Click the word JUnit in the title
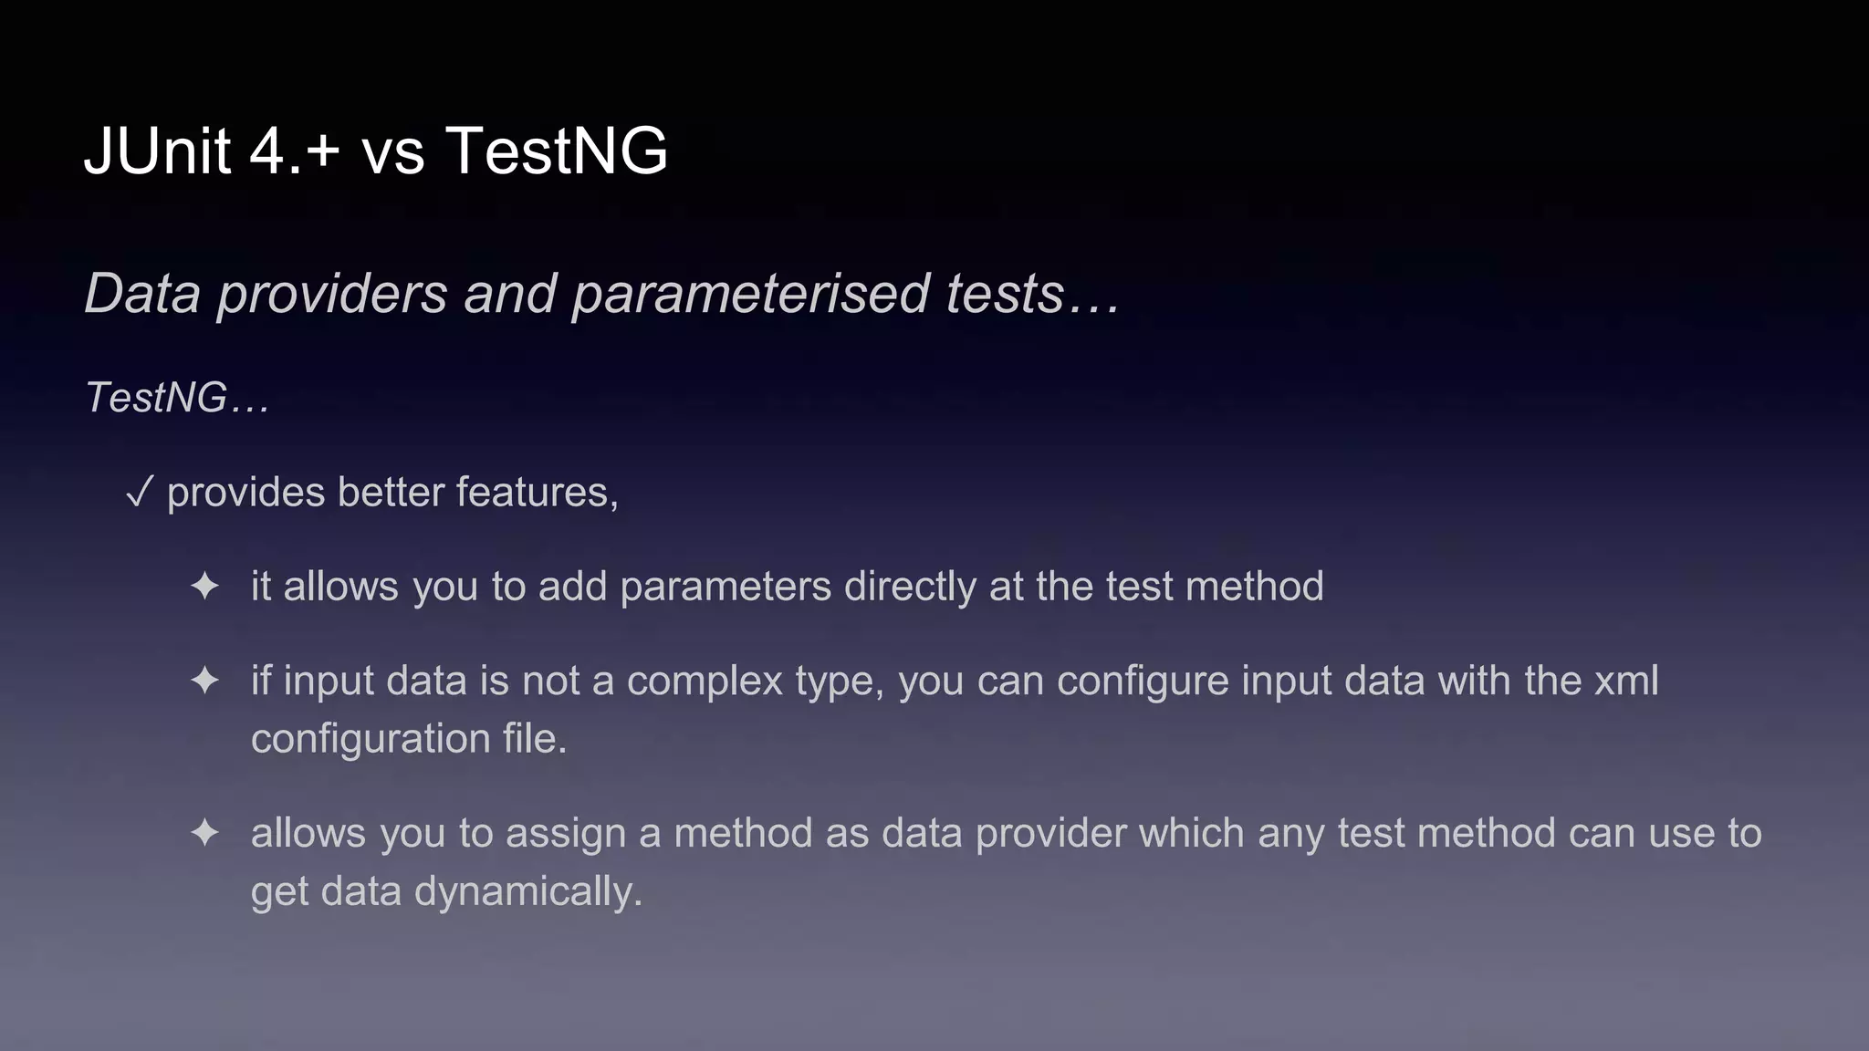click(x=157, y=151)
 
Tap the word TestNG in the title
click(x=556, y=151)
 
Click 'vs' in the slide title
click(x=393, y=152)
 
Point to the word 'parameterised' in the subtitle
click(x=750, y=295)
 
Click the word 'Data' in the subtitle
click(x=142, y=294)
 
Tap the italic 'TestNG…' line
click(x=177, y=398)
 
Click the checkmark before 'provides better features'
click(x=139, y=494)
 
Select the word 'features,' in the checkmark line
click(x=538, y=492)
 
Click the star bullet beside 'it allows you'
click(x=204, y=587)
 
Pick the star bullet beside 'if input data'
click(x=204, y=681)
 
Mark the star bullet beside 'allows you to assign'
click(x=204, y=833)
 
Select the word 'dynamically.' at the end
click(x=528, y=891)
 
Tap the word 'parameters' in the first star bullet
click(x=726, y=587)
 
